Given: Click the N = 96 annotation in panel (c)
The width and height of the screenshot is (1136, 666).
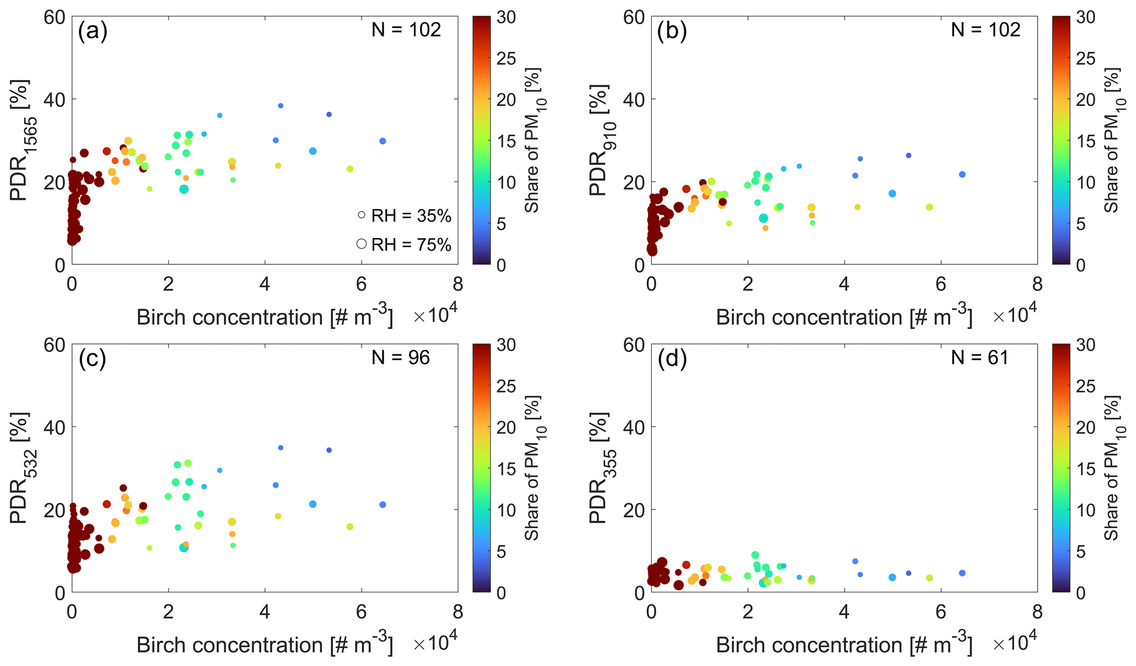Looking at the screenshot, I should (x=401, y=358).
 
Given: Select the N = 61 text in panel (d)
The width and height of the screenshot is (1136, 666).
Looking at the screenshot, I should (x=980, y=358).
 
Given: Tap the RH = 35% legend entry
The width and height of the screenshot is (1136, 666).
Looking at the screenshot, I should (x=404, y=216).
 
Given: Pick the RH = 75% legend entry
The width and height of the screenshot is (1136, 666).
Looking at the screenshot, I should (x=404, y=245).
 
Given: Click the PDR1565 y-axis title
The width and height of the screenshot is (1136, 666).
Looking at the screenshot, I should (x=21, y=140).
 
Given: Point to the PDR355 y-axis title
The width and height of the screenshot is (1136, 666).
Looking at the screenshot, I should (x=600, y=468).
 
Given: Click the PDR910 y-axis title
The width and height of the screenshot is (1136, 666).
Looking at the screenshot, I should (x=600, y=140).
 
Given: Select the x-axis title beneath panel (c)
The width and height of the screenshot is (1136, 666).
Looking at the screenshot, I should (x=264, y=645).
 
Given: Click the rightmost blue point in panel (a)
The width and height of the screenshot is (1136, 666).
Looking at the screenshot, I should (x=383, y=141).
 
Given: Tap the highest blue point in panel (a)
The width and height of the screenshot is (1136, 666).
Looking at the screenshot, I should (x=280, y=106).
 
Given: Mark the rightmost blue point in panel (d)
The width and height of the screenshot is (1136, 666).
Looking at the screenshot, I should (x=962, y=573).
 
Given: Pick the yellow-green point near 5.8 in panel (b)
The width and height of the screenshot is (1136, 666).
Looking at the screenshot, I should (x=929, y=207).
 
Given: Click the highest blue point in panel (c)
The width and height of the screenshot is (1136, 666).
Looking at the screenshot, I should (x=280, y=448).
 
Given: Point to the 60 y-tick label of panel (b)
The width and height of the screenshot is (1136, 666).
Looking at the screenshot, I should (x=634, y=17).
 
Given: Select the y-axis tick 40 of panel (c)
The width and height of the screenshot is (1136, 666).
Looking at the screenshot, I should (x=54, y=427).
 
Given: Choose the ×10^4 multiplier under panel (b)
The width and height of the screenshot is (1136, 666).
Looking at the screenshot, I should (x=1015, y=315).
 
